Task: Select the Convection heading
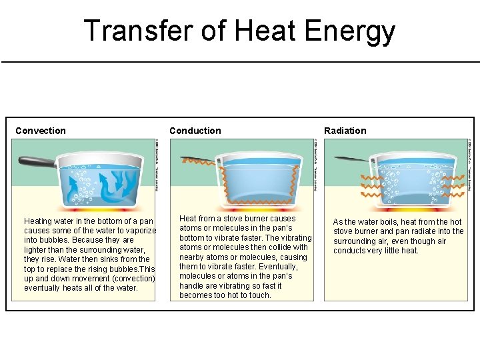[x=41, y=131]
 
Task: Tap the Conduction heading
[x=195, y=131]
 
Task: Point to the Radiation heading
[x=345, y=131]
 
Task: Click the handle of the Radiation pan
[x=351, y=159]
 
